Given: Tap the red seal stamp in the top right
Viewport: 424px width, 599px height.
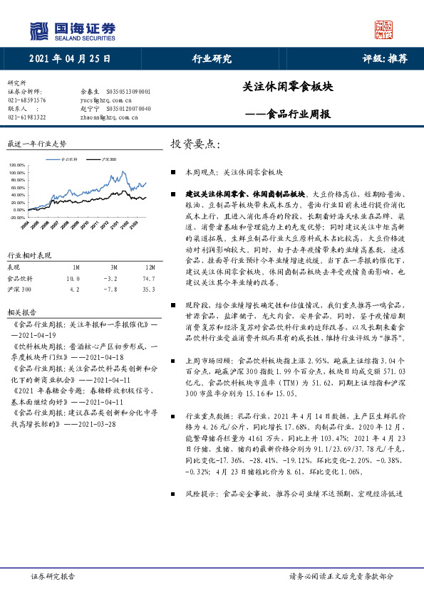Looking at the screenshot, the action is pos(384,29).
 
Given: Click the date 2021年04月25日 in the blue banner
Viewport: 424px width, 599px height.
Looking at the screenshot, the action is pos(71,60).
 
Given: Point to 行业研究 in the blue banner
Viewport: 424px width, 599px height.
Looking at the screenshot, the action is pos(212,60).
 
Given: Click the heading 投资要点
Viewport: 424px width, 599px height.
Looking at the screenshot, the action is pos(195,144).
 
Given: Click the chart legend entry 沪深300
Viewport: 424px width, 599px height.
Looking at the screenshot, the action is pos(109,161).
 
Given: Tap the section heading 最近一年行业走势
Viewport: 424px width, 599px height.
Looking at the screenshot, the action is pos(36,144).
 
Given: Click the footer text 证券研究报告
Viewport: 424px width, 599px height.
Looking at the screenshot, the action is pos(52,577).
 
